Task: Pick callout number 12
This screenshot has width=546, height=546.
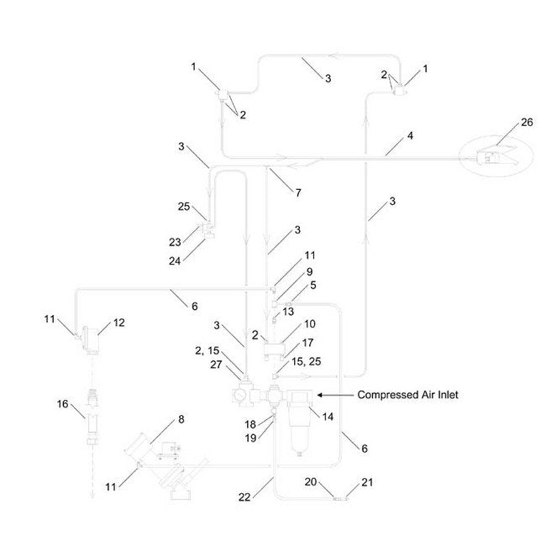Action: click(118, 322)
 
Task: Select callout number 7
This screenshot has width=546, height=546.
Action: click(297, 193)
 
